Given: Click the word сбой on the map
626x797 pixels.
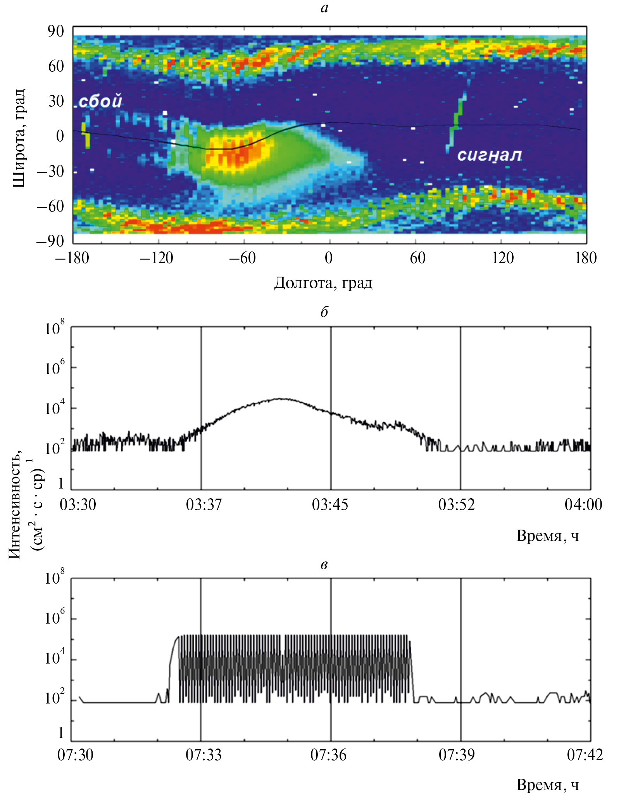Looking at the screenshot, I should click(100, 101).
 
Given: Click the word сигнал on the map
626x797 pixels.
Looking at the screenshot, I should click(490, 155).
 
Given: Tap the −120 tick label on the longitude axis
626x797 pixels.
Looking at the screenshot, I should click(156, 258).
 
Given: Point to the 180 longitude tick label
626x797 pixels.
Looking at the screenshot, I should click(585, 258).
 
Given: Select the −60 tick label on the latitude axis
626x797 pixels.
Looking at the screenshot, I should click(50, 206).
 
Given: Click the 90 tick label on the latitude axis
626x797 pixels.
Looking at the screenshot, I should click(56, 32).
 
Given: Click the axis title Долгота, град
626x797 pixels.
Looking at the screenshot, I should click(323, 283).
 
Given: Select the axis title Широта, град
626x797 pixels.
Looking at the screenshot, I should click(19, 138).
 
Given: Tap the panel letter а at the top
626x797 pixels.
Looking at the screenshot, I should click(324, 8).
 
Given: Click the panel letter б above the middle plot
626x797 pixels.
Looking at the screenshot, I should click(324, 312).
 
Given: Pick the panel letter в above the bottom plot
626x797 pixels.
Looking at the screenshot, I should click(324, 565).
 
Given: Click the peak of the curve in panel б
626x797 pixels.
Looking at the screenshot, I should click(282, 398).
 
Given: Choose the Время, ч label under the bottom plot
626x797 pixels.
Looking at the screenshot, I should click(548, 784).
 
